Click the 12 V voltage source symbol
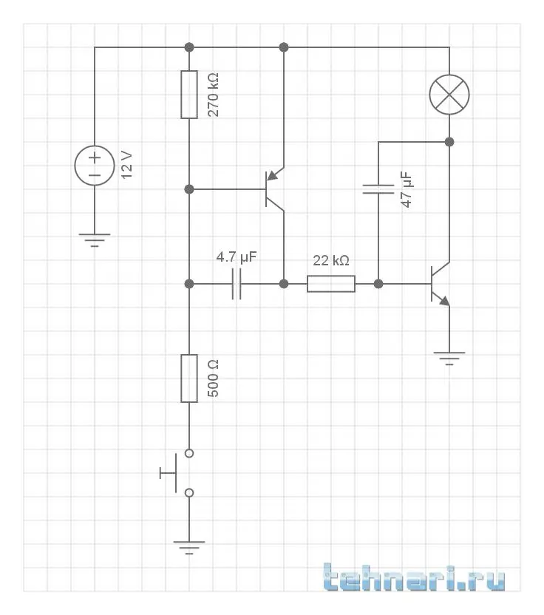pyautogui.click(x=95, y=166)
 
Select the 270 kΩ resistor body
pyautogui.click(x=189, y=95)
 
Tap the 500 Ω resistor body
pyautogui.click(x=189, y=378)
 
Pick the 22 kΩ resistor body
pyautogui.click(x=331, y=284)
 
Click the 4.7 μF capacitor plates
pyautogui.click(x=237, y=284)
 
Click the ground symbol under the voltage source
pyautogui.click(x=95, y=240)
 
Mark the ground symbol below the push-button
pyautogui.click(x=189, y=548)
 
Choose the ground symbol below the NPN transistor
pyautogui.click(x=449, y=359)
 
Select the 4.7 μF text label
pyautogui.click(x=237, y=258)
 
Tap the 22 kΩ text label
pyautogui.click(x=331, y=261)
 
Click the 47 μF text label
pyautogui.click(x=407, y=189)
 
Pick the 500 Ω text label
pyautogui.click(x=214, y=378)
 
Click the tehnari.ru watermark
pyautogui.click(x=415, y=577)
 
